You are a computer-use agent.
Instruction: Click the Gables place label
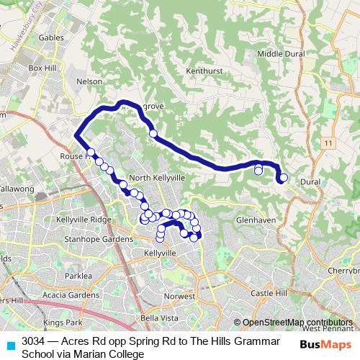click(52, 37)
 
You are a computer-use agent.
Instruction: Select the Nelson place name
click(89, 81)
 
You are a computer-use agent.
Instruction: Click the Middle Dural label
click(281, 54)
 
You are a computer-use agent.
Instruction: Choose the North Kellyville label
click(157, 177)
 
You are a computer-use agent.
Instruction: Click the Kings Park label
click(63, 323)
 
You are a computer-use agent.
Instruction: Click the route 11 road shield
click(328, 144)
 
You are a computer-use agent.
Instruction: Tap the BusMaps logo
click(325, 344)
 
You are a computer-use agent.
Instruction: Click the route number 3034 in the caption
click(34, 341)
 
